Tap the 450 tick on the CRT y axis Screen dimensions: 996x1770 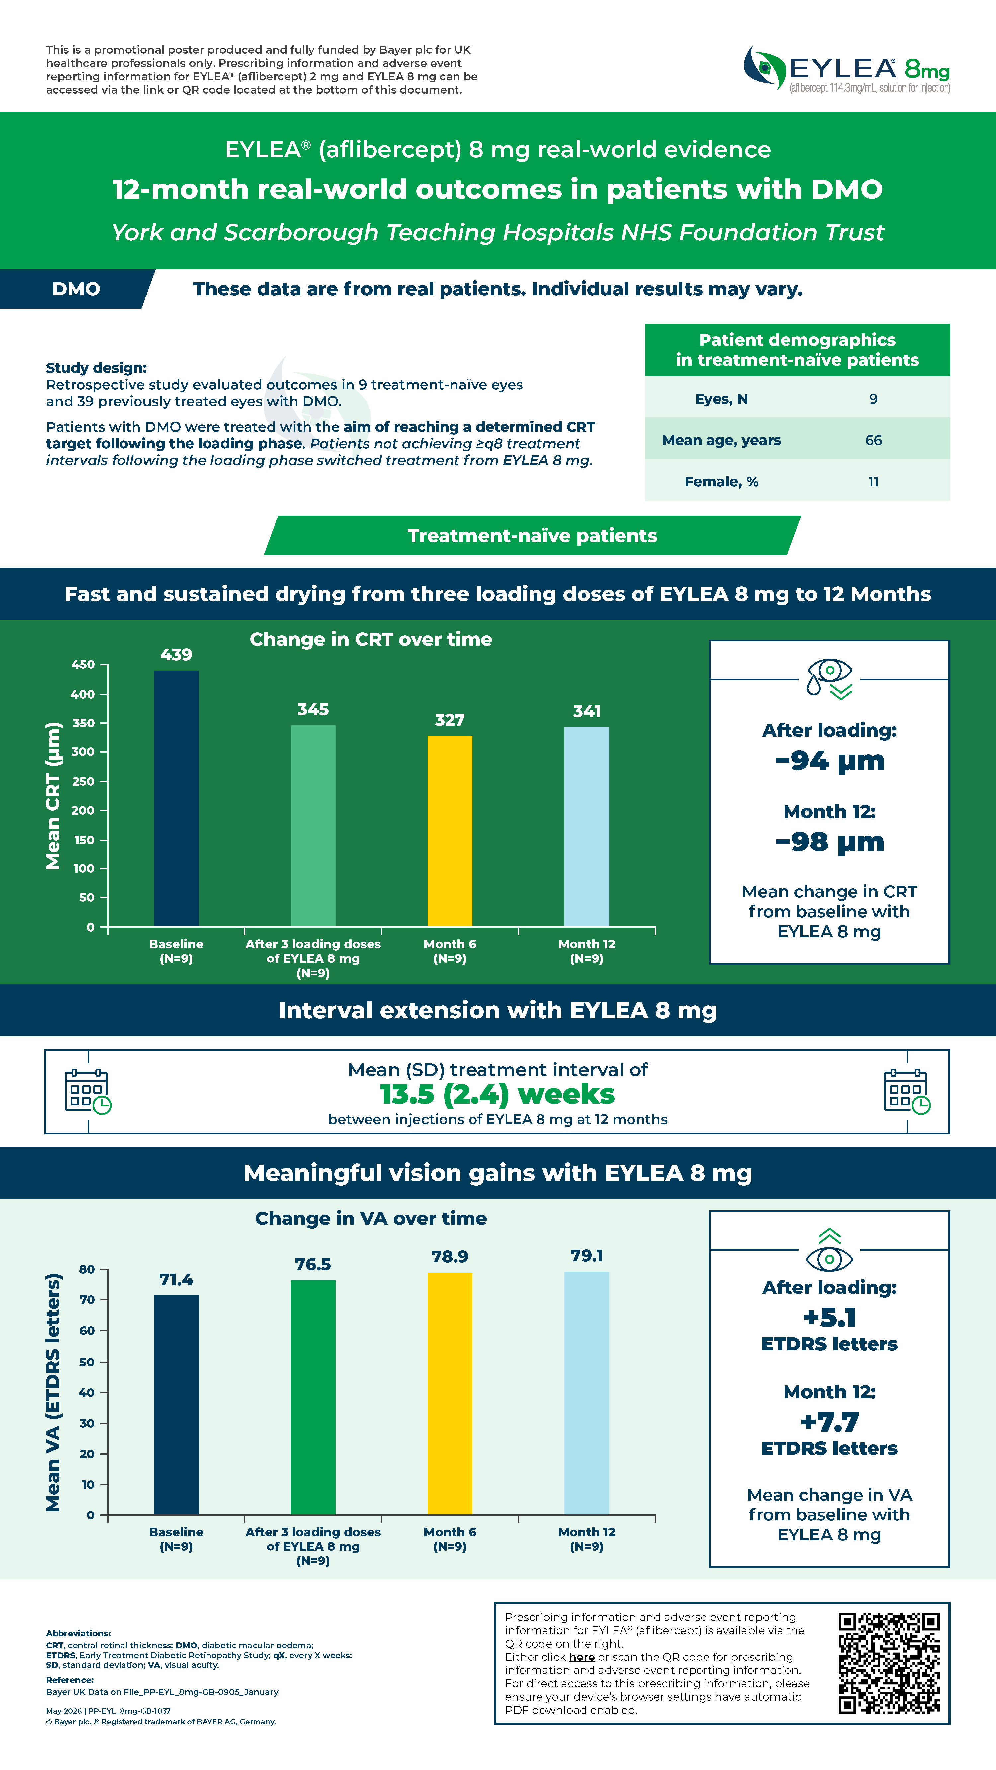click(x=83, y=664)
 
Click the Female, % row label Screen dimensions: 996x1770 click(x=721, y=482)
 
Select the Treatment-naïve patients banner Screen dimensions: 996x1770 click(x=532, y=535)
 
